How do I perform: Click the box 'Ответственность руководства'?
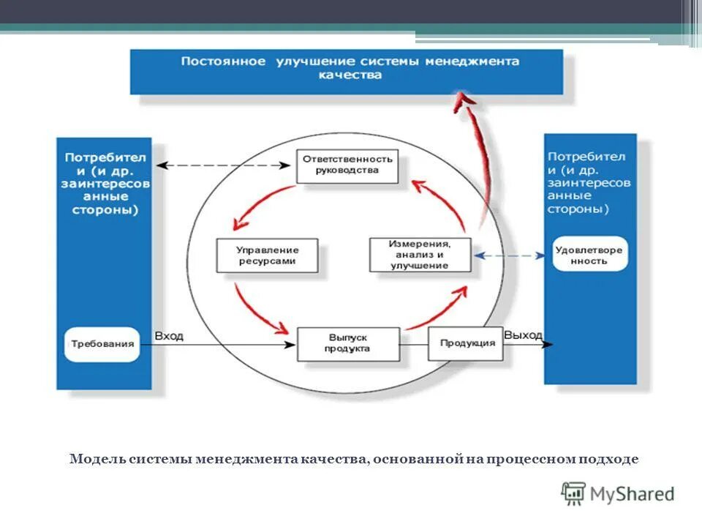tap(347, 165)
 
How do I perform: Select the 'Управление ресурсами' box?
tap(267, 255)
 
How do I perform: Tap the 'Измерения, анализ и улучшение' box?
tap(420, 255)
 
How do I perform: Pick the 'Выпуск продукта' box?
tap(348, 343)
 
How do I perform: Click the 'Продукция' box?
tap(467, 343)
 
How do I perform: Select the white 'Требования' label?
tap(102, 344)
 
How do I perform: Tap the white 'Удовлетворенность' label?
tap(589, 255)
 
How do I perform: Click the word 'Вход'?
tap(169, 336)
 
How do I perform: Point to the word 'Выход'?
tap(523, 335)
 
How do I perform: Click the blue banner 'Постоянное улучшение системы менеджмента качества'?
tap(347, 71)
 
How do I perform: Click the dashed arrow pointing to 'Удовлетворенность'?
tap(510, 255)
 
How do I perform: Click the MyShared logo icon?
tap(573, 493)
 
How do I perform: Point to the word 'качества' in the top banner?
tap(350, 75)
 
